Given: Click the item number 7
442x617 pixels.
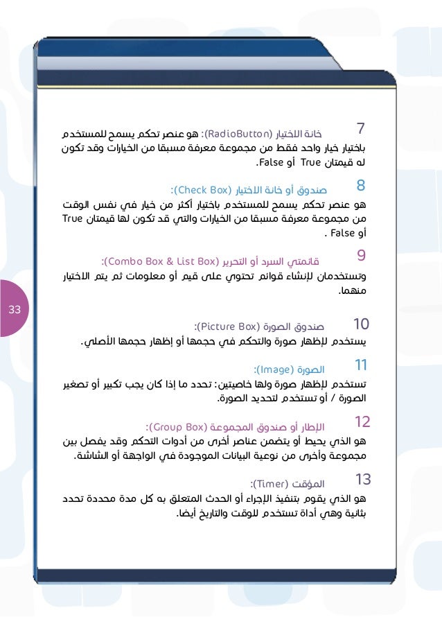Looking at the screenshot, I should click(x=360, y=129).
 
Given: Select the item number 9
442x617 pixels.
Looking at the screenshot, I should click(x=361, y=256).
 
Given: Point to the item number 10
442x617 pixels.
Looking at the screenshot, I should click(x=362, y=324).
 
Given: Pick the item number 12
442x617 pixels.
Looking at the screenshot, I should click(x=362, y=421).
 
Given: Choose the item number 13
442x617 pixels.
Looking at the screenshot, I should click(x=363, y=478).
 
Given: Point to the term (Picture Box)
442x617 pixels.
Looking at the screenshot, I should click(x=229, y=324).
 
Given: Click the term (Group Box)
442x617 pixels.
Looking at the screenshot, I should click(x=178, y=426).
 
